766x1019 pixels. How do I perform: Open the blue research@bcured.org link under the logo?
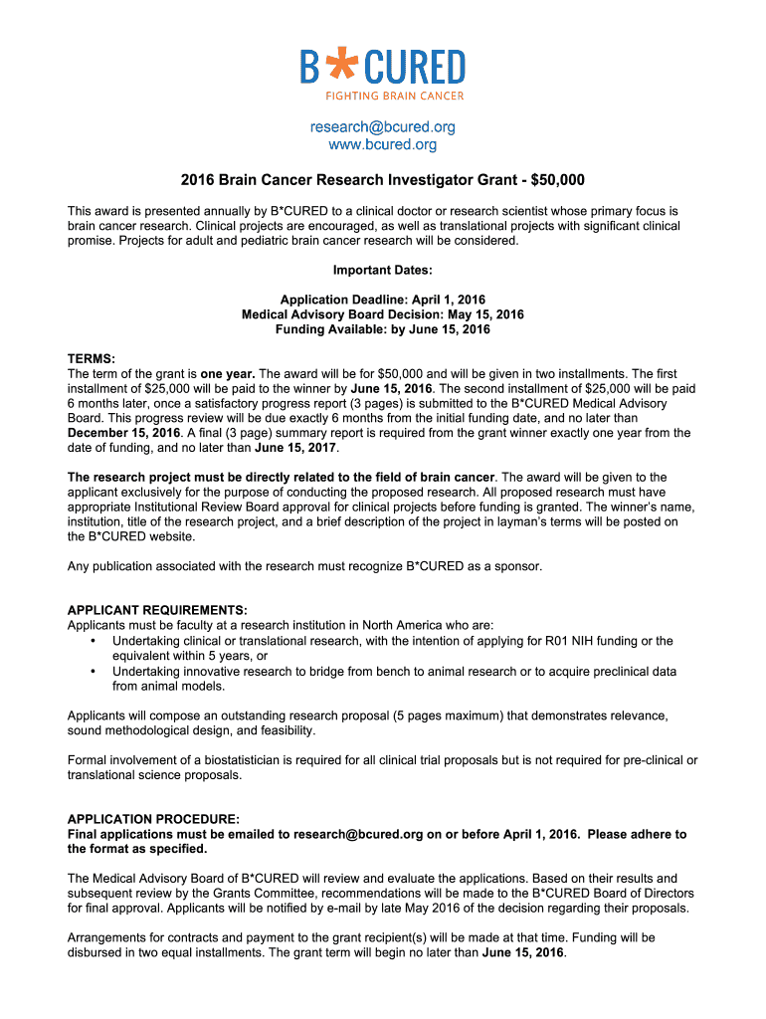click(383, 127)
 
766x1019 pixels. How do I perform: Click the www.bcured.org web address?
click(383, 145)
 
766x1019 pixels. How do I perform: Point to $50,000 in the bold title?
click(558, 180)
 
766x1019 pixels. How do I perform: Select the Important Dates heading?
click(383, 270)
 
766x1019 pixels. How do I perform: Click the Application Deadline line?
click(383, 300)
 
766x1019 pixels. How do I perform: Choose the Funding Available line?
click(383, 329)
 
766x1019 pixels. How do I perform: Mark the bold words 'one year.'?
click(228, 374)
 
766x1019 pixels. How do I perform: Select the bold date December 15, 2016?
click(124, 434)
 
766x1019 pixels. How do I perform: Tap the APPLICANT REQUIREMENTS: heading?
click(157, 610)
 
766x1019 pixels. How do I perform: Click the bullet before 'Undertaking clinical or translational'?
click(93, 641)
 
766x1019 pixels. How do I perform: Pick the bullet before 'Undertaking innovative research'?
click(93, 672)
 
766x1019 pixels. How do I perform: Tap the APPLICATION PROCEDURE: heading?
click(153, 819)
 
